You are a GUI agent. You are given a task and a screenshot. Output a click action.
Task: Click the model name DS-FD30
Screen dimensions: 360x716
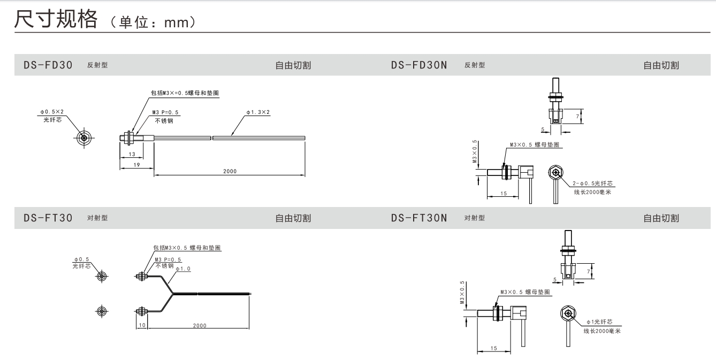pos(48,65)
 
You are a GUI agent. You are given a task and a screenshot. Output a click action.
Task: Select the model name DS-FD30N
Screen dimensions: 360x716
pos(419,65)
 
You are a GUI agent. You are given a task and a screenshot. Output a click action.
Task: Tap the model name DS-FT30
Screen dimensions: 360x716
pos(48,218)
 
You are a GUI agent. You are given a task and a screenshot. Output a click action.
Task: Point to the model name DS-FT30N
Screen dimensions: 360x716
pos(419,218)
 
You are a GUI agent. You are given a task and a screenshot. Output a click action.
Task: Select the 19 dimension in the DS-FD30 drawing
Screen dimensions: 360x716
pos(136,165)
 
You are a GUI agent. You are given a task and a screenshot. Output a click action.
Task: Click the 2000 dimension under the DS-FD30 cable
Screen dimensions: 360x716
pos(230,171)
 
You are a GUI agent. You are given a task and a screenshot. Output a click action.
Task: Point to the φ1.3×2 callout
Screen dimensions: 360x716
pos(258,112)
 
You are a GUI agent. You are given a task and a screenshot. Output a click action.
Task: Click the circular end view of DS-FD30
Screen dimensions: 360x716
pos(84,137)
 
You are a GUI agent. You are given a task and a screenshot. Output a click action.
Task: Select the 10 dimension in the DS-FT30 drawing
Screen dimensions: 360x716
pos(141,325)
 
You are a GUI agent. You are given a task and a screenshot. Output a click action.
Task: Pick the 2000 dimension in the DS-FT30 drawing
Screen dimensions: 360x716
pos(199,325)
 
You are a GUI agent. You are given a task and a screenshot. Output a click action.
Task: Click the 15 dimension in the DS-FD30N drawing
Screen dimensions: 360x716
pos(502,193)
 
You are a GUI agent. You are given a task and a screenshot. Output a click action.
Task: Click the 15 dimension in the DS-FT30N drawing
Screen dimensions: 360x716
pos(493,348)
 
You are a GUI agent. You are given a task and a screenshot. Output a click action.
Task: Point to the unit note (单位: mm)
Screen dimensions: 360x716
pos(152,22)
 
